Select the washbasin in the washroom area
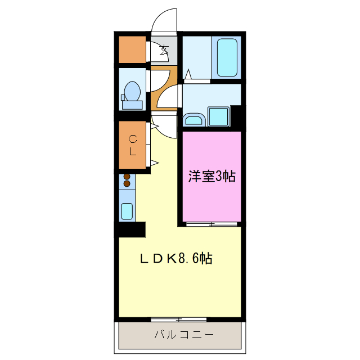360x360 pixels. tap(194, 119)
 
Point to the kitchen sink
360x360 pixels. tap(127, 211)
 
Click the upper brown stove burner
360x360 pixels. tap(127, 177)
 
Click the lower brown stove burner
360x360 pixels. tap(127, 184)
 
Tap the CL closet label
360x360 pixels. tap(133, 145)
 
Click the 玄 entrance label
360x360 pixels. tap(164, 49)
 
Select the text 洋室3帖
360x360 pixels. tap(211, 177)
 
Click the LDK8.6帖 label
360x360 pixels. tap(175, 259)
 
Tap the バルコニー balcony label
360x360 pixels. tap(184, 335)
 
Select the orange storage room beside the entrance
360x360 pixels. tap(132, 49)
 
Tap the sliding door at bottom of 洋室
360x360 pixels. tap(211, 224)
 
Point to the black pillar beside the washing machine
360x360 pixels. tap(236, 116)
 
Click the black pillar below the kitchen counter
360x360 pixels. tap(130, 229)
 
